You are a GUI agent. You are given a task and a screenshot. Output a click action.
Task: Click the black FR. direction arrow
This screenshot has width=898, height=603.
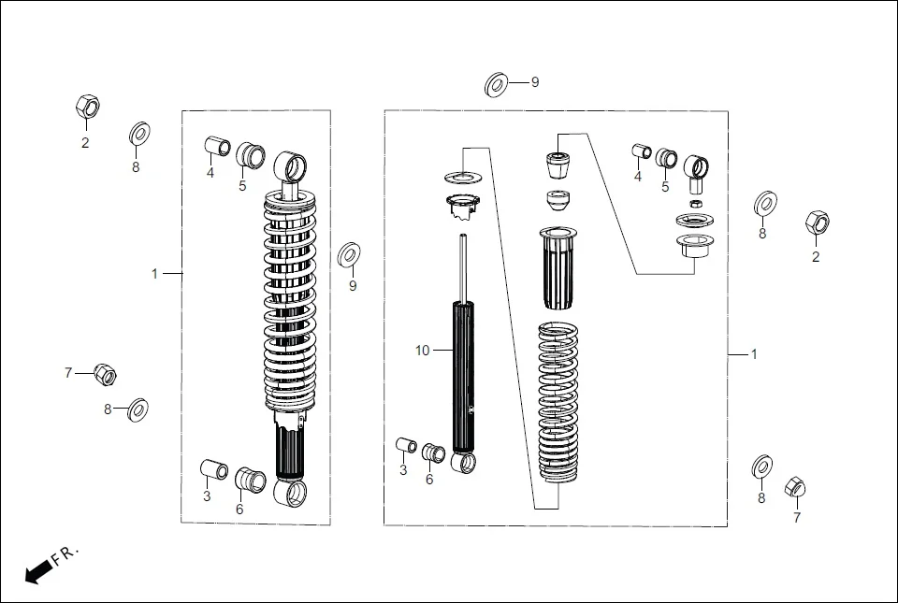click(x=38, y=571)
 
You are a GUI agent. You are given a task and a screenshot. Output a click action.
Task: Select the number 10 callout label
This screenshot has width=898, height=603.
click(x=423, y=351)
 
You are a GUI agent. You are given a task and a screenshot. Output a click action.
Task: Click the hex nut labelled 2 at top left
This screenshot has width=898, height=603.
click(x=87, y=108)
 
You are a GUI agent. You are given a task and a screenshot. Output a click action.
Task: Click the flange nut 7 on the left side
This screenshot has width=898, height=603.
click(x=105, y=375)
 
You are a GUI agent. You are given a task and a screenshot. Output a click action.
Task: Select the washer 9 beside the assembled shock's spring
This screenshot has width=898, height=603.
click(x=351, y=253)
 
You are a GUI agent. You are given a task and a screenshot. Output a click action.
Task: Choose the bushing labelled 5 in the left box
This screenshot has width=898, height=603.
click(x=249, y=154)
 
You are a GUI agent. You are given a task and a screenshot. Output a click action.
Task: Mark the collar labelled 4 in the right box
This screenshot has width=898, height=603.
click(x=641, y=151)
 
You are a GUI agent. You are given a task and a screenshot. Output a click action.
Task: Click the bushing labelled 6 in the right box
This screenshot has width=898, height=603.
click(x=433, y=452)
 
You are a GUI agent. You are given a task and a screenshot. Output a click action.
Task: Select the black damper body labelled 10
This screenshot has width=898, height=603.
click(x=465, y=379)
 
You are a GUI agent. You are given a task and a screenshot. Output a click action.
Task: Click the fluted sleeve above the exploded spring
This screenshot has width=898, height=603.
click(x=561, y=266)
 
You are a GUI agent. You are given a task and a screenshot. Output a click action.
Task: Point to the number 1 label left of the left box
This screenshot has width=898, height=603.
click(x=155, y=274)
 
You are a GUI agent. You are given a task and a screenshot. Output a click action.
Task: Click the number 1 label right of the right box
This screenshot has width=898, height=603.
click(x=754, y=354)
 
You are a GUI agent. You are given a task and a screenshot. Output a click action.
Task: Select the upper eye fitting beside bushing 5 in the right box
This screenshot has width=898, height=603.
click(x=696, y=169)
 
